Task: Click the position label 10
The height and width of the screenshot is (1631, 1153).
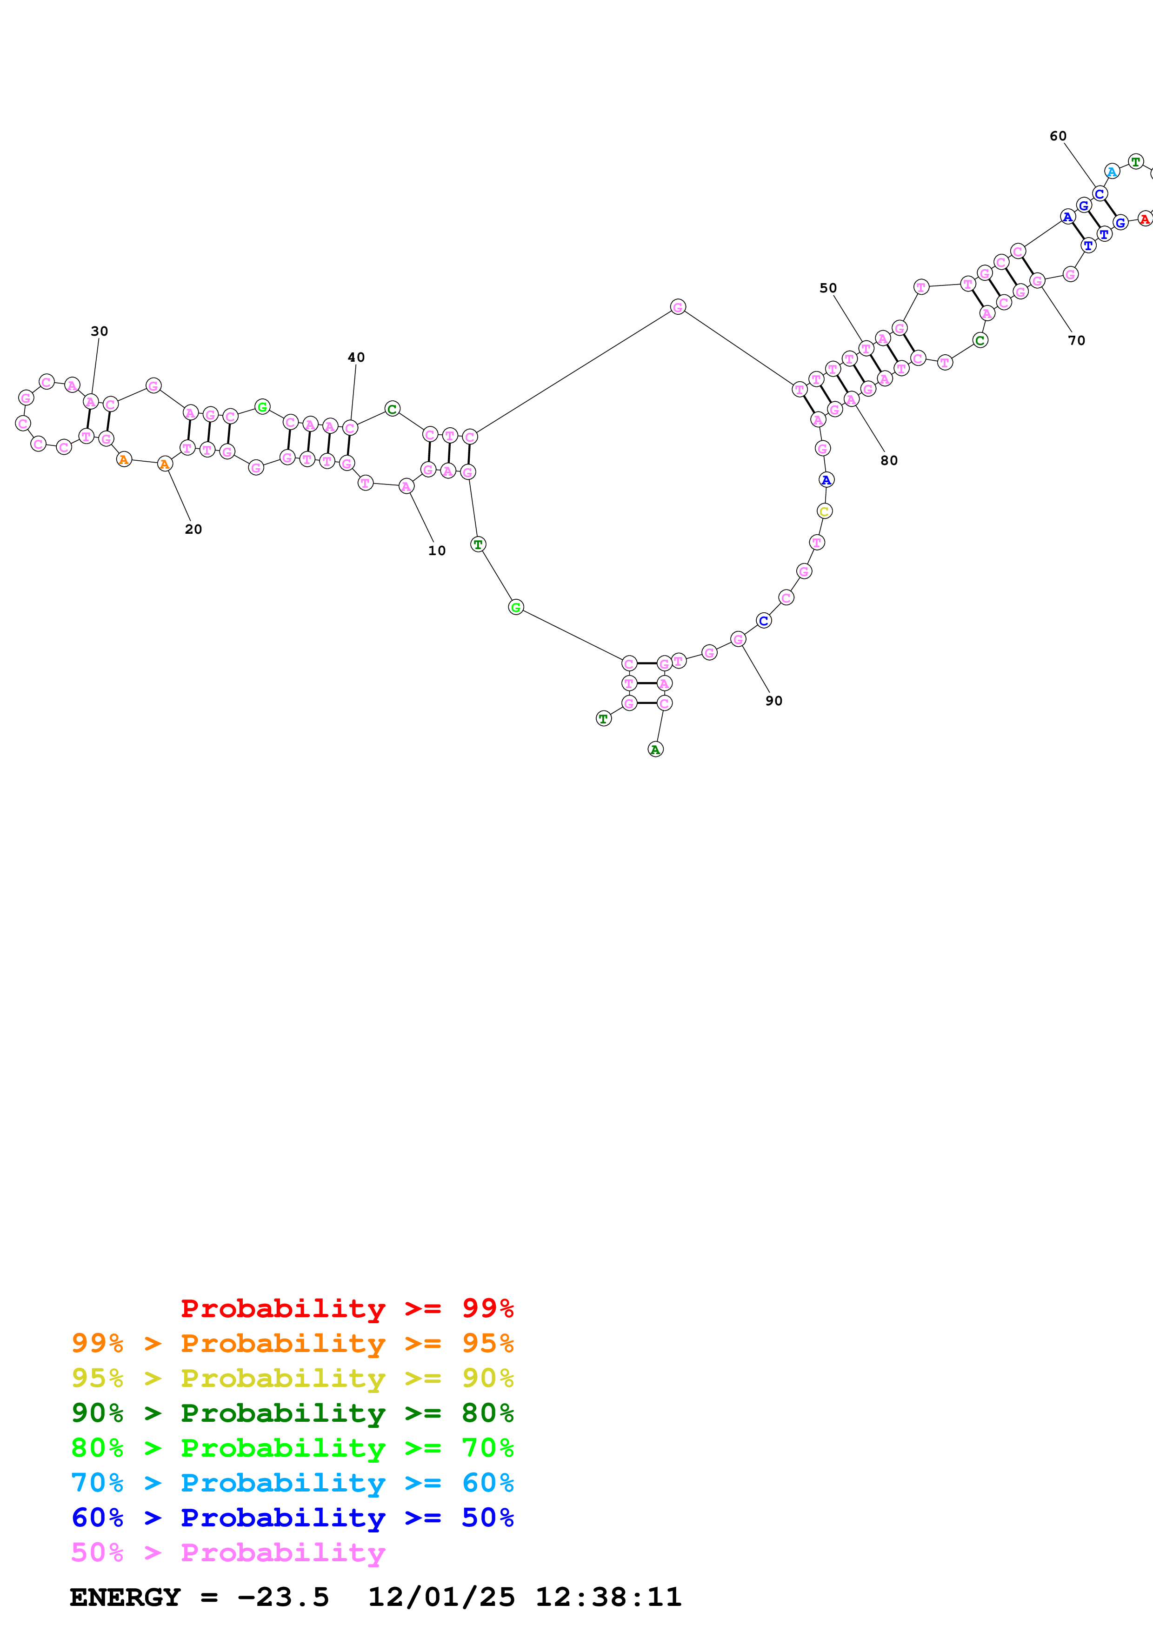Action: (436, 550)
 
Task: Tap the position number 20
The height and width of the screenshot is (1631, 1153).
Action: (193, 529)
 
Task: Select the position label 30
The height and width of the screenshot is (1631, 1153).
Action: (100, 331)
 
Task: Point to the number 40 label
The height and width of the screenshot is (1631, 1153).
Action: (356, 358)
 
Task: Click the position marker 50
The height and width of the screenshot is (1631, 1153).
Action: (828, 288)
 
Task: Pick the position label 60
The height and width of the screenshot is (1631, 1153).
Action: (1058, 136)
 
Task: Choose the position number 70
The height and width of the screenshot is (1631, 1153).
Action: (1076, 340)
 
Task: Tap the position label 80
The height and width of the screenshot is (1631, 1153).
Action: (889, 460)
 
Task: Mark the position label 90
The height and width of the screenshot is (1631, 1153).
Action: (773, 700)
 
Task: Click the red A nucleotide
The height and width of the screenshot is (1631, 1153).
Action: (1144, 219)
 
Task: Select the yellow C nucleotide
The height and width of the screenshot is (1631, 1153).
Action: (824, 511)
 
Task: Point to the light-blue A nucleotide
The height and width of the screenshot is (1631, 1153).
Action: (1112, 171)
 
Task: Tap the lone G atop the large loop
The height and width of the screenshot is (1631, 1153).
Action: (678, 307)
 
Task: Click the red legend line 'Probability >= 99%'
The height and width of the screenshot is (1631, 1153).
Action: (347, 1308)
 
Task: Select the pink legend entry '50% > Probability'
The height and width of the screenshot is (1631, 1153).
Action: (228, 1553)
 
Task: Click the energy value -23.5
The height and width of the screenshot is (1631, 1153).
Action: (283, 1598)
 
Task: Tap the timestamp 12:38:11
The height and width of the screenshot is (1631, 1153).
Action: (608, 1598)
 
